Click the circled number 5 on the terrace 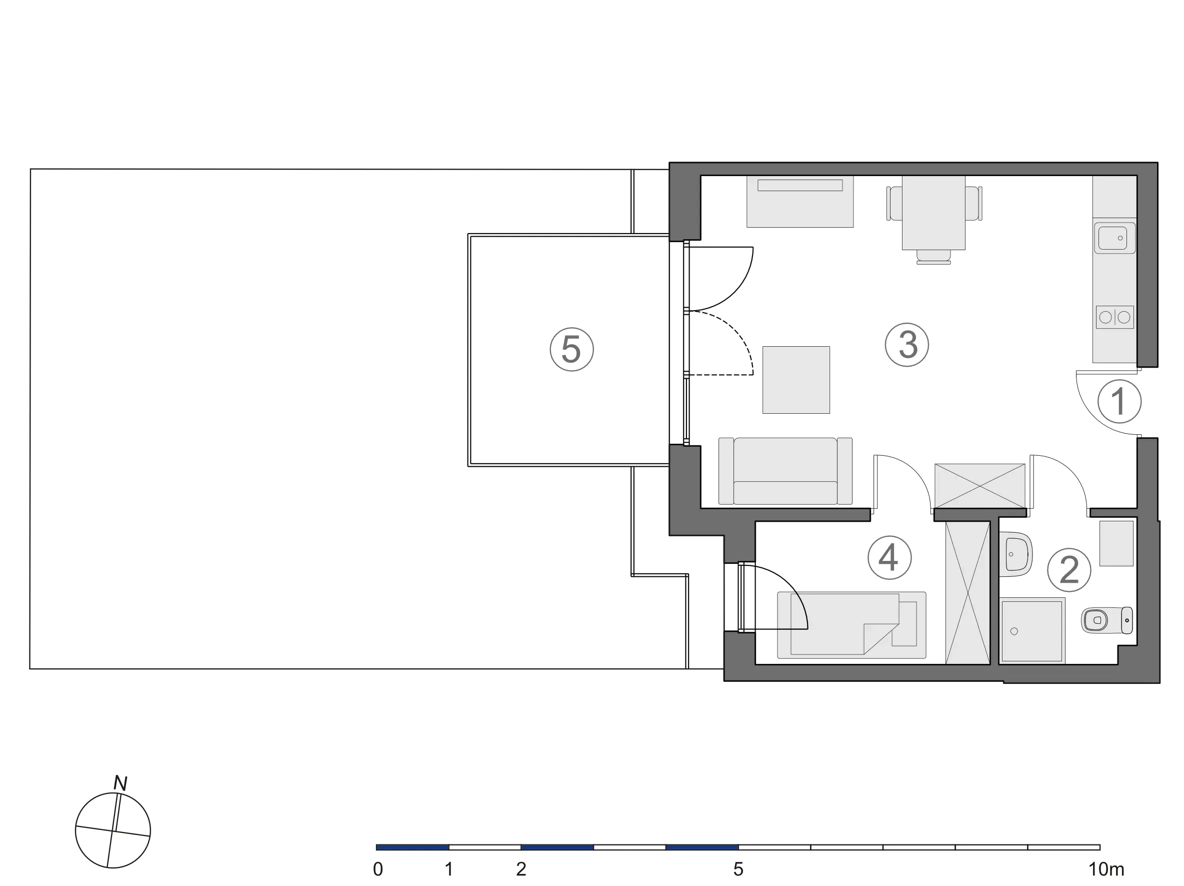571,349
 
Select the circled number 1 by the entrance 1119,401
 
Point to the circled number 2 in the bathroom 1069,569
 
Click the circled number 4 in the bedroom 889,557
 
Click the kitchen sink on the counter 1114,238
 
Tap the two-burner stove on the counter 1114,318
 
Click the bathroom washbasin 1015,554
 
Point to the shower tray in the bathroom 1031,631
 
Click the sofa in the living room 785,471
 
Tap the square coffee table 796,380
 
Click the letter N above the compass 120,783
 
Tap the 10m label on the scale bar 1106,869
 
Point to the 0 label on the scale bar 378,869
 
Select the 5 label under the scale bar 738,869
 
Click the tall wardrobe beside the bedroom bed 968,592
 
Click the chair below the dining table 933,257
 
